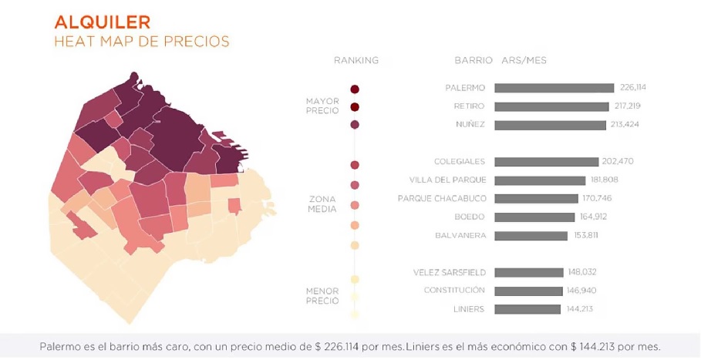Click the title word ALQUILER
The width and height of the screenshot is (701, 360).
pyautogui.click(x=102, y=22)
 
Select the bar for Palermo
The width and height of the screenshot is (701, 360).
pyautogui.click(x=554, y=88)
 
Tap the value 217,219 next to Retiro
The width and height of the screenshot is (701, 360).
pyautogui.click(x=625, y=106)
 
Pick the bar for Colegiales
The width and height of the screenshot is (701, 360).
pyautogui.click(x=546, y=162)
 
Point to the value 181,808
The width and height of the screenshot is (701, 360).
pyautogui.click(x=605, y=180)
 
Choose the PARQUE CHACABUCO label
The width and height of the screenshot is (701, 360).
pyautogui.click(x=441, y=198)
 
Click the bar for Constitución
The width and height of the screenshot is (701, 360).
pyautogui.click(x=529, y=291)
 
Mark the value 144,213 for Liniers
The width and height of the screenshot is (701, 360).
pyautogui.click(x=579, y=309)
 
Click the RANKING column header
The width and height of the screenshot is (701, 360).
pyautogui.click(x=356, y=60)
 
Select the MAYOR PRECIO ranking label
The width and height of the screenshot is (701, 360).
pyautogui.click(x=322, y=106)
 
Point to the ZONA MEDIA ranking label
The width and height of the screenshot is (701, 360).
pyautogui.click(x=322, y=204)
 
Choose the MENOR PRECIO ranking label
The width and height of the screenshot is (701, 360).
pyautogui.click(x=322, y=296)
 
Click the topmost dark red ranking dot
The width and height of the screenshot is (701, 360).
pyautogui.click(x=355, y=89)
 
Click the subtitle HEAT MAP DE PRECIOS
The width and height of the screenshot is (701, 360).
pyautogui.click(x=142, y=42)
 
